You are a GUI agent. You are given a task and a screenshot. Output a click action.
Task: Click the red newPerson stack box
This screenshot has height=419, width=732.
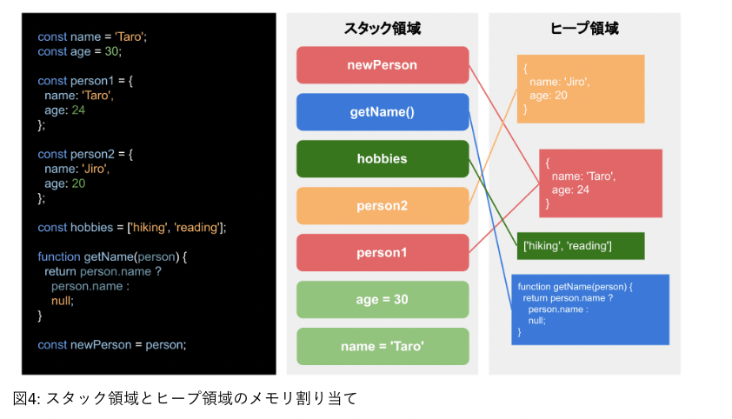point(382,65)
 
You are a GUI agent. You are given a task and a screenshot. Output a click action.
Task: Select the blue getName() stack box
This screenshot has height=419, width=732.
point(382,112)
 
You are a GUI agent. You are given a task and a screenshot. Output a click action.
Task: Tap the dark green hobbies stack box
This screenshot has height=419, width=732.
point(382,159)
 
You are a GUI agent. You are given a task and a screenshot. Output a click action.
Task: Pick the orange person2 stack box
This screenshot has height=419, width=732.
point(382,206)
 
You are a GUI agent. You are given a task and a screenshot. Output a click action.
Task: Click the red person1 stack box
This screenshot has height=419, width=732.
point(382,253)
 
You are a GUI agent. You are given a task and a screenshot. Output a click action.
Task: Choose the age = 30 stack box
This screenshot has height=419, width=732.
point(382,300)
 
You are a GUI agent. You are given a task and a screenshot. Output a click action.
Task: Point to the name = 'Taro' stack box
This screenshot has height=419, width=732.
point(382,347)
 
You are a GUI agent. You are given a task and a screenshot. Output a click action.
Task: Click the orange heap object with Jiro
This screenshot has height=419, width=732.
point(580,89)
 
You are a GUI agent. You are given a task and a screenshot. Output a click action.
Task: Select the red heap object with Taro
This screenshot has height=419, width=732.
point(600,183)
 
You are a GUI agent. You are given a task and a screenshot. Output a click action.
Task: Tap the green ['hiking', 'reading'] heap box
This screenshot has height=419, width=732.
point(580,246)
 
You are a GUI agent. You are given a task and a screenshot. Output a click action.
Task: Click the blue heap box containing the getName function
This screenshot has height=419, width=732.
point(589,309)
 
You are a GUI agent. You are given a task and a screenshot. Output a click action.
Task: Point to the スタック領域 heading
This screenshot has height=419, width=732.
point(382,28)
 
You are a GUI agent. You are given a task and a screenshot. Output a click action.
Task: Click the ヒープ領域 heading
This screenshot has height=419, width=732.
point(584,28)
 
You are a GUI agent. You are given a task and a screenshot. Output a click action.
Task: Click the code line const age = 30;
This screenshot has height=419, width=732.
point(80,51)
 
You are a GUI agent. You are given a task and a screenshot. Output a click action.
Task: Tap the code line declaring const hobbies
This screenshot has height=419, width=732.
point(131,228)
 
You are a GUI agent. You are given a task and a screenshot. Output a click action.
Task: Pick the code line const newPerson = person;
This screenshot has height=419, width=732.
point(112,344)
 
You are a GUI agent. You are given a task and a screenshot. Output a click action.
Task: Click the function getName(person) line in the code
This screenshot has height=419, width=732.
point(112,257)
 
